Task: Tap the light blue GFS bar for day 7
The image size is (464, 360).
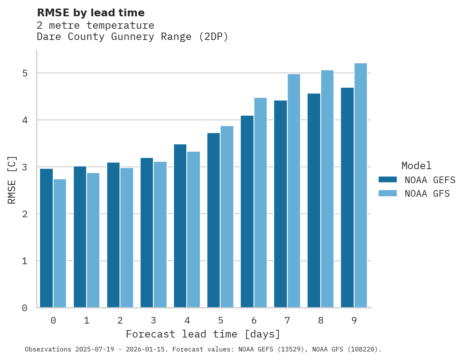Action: click(294, 190)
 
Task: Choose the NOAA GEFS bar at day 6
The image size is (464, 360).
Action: click(247, 211)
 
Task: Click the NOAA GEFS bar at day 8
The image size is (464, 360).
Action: click(314, 200)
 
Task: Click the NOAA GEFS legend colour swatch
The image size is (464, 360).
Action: click(388, 180)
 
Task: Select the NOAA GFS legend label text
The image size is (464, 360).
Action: click(427, 194)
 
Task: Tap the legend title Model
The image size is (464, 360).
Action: click(416, 166)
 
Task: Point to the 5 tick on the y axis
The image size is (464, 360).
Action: click(24, 73)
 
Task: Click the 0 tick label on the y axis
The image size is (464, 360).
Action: click(24, 308)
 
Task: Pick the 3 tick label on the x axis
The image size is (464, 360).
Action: click(153, 320)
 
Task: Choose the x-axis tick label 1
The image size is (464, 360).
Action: click(87, 320)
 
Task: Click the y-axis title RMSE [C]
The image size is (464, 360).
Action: click(12, 180)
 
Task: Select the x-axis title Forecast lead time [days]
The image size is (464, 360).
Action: click(203, 334)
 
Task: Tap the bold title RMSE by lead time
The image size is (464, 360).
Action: click(90, 13)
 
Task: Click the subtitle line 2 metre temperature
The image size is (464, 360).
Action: click(96, 26)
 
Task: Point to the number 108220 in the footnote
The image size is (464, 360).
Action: click(362, 350)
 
